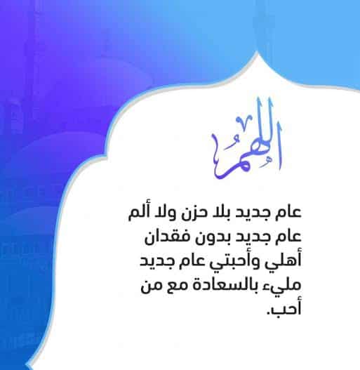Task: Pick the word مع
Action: (171, 285)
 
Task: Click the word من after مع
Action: (149, 286)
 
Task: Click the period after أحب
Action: (268, 313)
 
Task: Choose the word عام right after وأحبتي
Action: (192, 261)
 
